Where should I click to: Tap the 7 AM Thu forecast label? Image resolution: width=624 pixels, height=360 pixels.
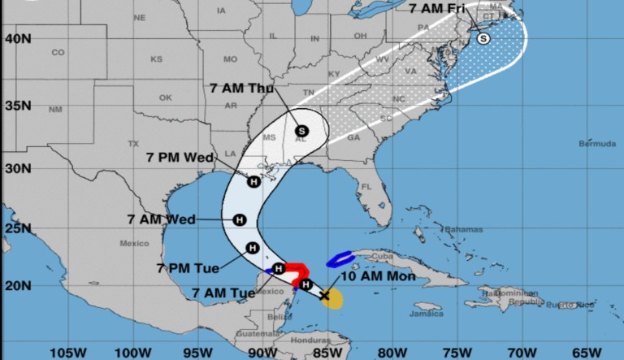click(243, 88)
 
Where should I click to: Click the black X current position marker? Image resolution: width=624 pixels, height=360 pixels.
click(325, 296)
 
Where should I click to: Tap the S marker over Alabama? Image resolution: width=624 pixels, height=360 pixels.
click(302, 130)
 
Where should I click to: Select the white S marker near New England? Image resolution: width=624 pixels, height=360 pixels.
click(483, 37)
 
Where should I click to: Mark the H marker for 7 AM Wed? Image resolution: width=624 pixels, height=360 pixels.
click(240, 219)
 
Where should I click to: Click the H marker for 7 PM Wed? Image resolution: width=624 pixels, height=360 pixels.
click(253, 182)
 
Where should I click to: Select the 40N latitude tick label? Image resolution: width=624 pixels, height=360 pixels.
click(16, 37)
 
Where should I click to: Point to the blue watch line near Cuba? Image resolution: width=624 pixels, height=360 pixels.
click(341, 260)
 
